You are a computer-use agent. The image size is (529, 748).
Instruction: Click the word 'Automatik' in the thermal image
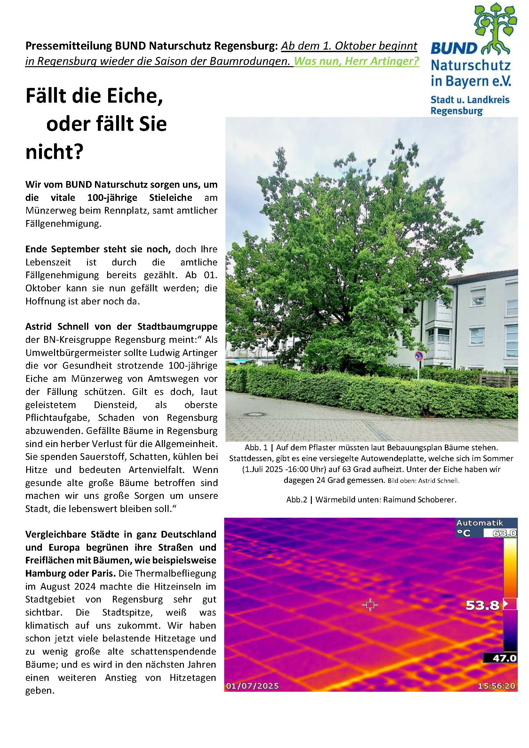(x=479, y=523)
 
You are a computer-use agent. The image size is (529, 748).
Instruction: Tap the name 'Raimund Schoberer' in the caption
(x=420, y=500)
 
